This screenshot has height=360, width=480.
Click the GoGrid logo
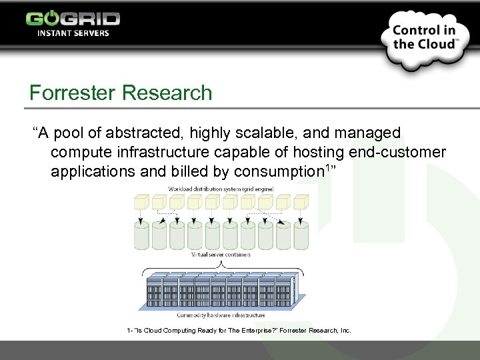click(73, 18)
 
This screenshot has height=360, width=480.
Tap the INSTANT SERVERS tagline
click(73, 33)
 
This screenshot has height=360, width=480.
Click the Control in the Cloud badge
click(424, 37)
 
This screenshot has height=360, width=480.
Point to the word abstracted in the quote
click(138, 133)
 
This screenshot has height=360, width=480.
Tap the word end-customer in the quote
click(396, 152)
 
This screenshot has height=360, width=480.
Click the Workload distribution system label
click(220, 190)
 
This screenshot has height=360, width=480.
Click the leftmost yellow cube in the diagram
click(142, 202)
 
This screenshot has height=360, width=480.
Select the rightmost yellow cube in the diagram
click(301, 202)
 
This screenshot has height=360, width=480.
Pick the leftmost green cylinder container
click(142, 235)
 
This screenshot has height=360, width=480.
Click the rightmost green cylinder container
click(301, 235)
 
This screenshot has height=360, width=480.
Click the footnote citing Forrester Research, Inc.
click(238, 331)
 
